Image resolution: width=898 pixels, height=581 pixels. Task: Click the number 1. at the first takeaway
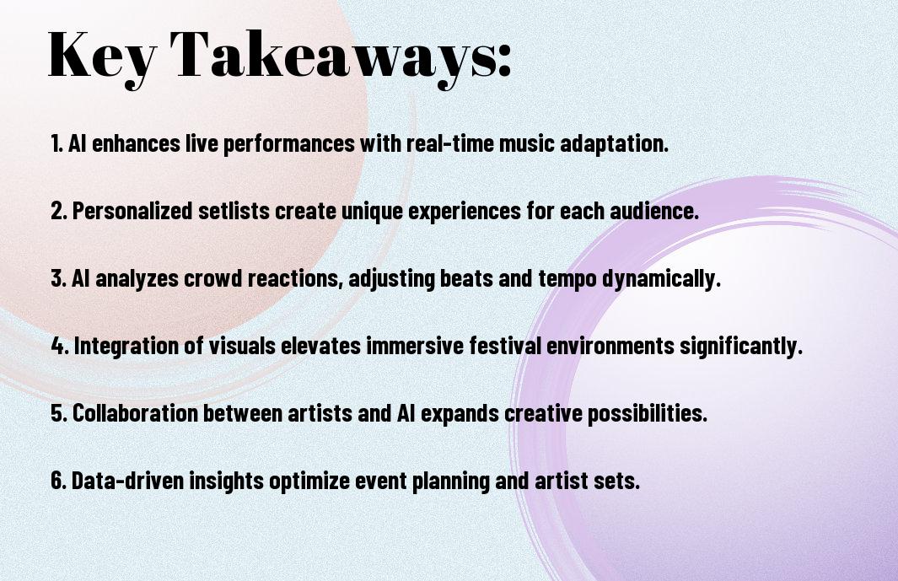click(56, 143)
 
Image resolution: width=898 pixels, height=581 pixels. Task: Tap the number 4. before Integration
click(60, 346)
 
